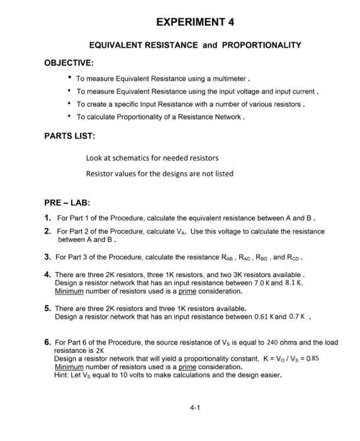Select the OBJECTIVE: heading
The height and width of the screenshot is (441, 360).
click(69, 63)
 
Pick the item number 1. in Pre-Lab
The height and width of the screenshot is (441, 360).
click(48, 217)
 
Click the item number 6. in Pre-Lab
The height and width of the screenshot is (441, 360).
click(48, 342)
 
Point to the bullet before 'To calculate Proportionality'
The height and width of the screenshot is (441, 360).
click(69, 117)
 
